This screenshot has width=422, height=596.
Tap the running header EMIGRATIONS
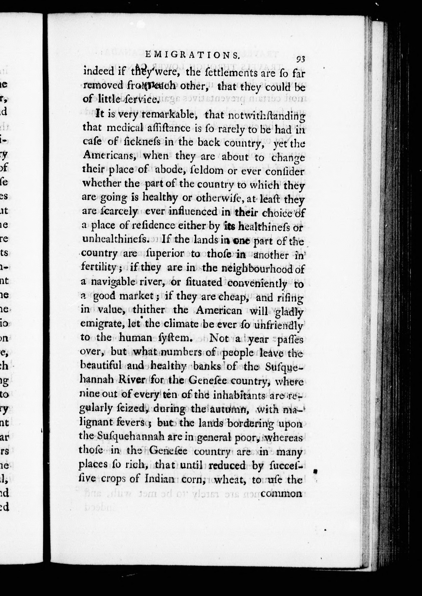pyautogui.click(x=192, y=55)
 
